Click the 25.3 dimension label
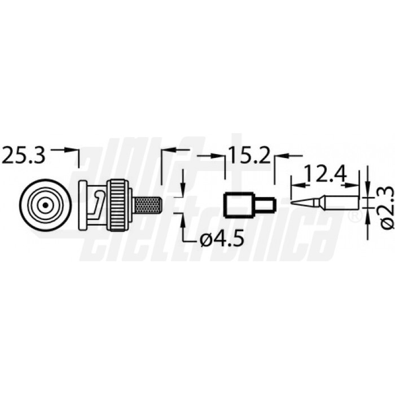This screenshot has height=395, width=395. click(x=23, y=155)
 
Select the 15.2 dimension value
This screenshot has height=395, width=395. click(x=249, y=156)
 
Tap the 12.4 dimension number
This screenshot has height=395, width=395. click(x=325, y=173)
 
